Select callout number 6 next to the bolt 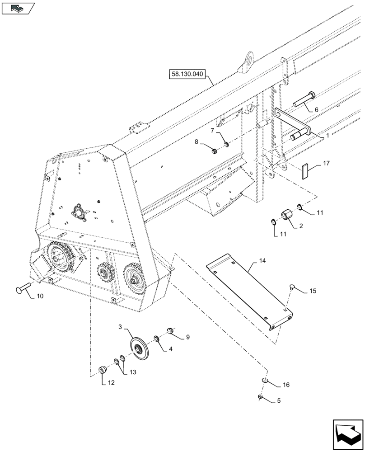click(316, 109)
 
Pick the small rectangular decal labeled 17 click(306, 172)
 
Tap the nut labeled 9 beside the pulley click(171, 331)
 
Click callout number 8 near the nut click(197, 142)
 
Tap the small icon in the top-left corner click(18, 8)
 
